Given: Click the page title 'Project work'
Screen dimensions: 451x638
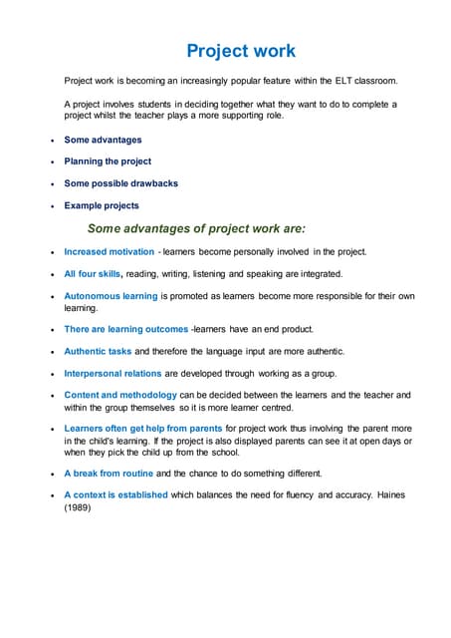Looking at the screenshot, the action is point(241,50).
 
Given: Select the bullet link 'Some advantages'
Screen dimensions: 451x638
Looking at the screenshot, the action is point(103,140).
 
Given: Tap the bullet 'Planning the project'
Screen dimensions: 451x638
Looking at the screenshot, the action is point(108,161).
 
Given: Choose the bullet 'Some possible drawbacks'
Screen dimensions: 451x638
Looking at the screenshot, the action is point(120,183).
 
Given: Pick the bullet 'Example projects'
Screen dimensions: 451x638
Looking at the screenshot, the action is point(102,205).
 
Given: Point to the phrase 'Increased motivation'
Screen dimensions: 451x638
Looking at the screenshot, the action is point(110,252).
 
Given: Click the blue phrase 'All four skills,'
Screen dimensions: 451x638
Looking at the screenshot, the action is point(94,274).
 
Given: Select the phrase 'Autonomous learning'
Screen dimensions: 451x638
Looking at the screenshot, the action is point(111,296).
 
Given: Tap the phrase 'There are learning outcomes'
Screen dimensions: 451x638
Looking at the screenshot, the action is point(125,329).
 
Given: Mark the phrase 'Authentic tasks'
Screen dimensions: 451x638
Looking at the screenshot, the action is point(98,351).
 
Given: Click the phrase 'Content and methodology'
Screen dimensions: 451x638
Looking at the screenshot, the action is point(119,396).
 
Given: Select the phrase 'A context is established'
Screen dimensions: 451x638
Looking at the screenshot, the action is point(115,494).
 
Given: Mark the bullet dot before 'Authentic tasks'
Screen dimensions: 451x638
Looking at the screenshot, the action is point(52,352).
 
